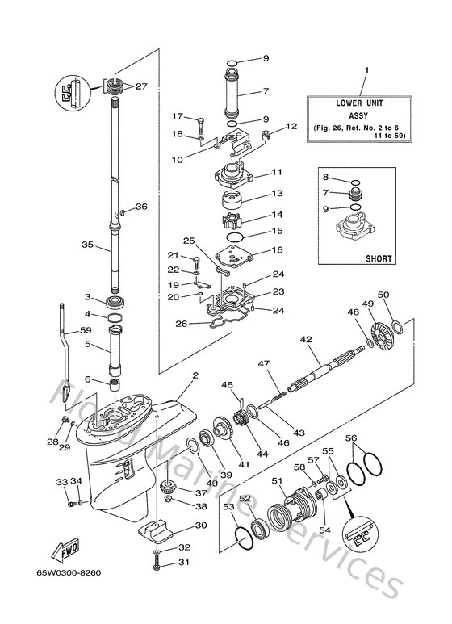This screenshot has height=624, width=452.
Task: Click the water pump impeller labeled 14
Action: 230,219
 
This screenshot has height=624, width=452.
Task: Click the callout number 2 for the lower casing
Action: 194,375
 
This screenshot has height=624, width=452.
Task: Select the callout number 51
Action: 277,480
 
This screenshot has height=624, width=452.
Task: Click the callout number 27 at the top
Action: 141,86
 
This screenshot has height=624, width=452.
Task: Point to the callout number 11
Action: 276,172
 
